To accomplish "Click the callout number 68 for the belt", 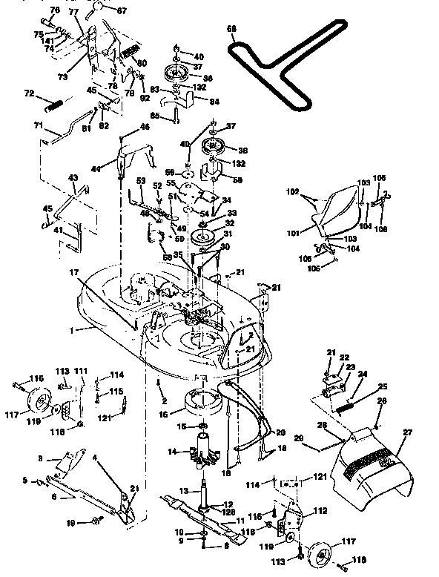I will pyautogui.click(x=232, y=30).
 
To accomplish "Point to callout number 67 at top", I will pyautogui.click(x=122, y=10).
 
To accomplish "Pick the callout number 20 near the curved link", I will pyautogui.click(x=280, y=432).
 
